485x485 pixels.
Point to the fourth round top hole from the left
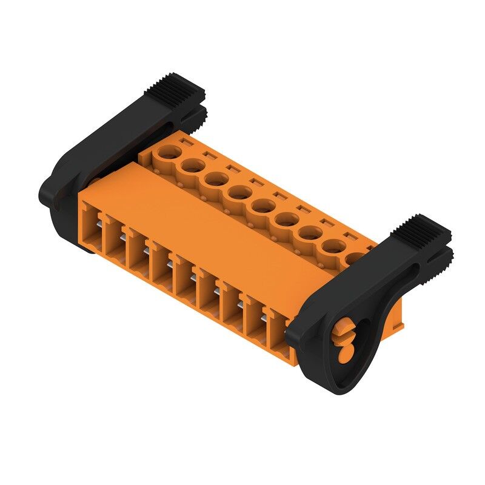pyautogui.click(x=239, y=193)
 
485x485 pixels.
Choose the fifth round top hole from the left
pyautogui.click(x=262, y=206)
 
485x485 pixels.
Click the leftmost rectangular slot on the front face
pyautogui.click(x=91, y=224)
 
